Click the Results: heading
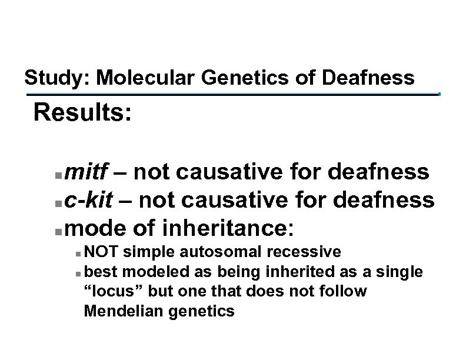(82, 112)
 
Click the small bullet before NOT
(78, 254)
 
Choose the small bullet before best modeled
(78, 274)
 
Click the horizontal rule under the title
(232, 93)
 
